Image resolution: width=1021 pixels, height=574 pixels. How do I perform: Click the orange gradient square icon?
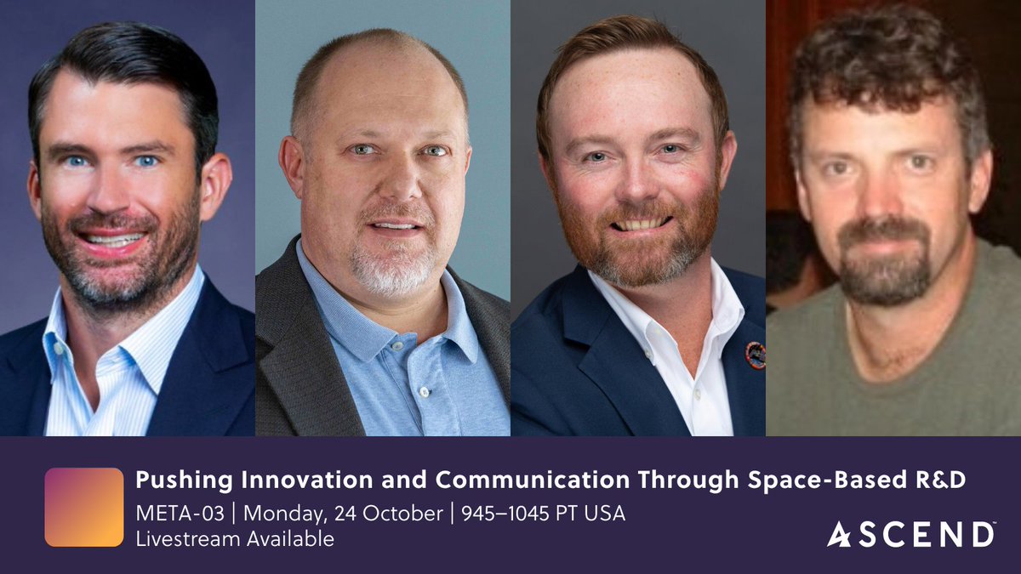coord(84,507)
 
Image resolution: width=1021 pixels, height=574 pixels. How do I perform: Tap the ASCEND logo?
coord(911,534)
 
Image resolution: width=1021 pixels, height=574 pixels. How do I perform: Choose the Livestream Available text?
coord(234,538)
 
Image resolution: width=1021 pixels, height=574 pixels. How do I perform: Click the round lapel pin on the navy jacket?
coord(755,355)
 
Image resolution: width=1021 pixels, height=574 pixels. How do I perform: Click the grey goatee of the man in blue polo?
coord(393,268)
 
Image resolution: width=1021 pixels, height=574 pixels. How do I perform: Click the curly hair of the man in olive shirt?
coord(885,60)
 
